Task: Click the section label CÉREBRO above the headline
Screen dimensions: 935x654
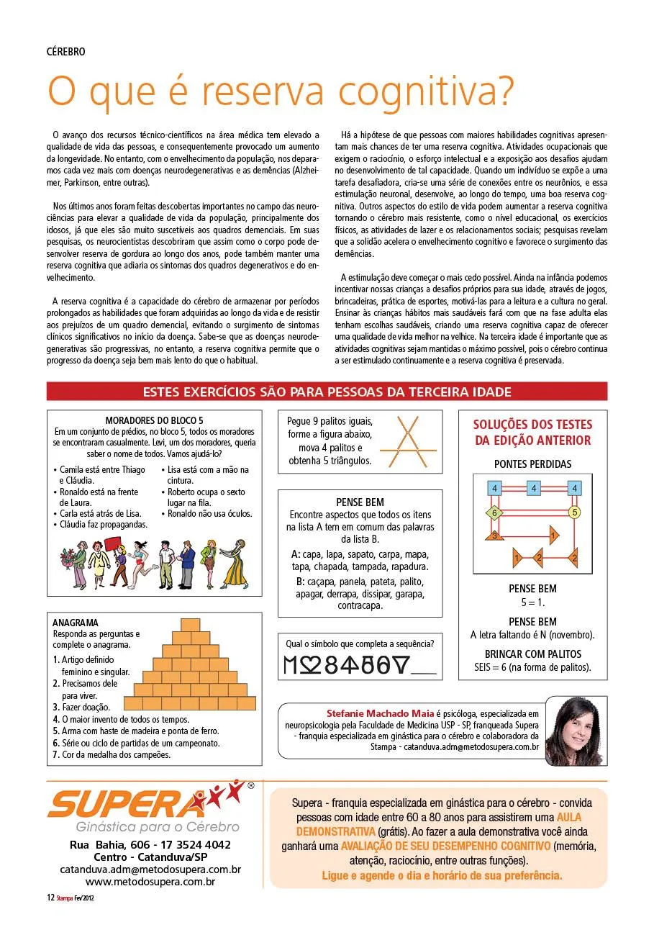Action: [65, 52]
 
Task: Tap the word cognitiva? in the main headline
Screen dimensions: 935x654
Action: [427, 91]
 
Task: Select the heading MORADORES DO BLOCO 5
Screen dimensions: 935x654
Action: [155, 420]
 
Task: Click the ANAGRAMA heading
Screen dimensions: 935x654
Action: [76, 623]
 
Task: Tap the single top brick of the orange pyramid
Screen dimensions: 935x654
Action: [191, 624]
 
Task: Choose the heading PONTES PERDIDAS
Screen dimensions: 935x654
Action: [532, 464]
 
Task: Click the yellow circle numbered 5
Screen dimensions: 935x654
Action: [574, 512]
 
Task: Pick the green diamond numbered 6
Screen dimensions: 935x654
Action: [494, 513]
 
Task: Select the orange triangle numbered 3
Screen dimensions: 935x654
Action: [494, 535]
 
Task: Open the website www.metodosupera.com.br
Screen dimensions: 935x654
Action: [150, 881]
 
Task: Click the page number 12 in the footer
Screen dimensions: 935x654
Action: [50, 898]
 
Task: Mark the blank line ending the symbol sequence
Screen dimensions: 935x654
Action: [422, 672]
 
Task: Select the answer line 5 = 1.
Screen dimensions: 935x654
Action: [532, 602]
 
